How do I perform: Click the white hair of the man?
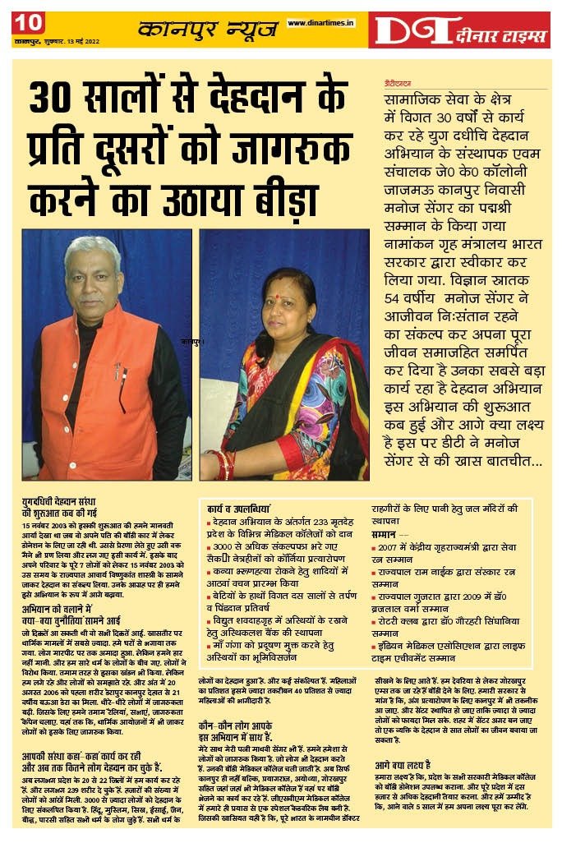[93, 247]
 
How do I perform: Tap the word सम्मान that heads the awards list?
[384, 533]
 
